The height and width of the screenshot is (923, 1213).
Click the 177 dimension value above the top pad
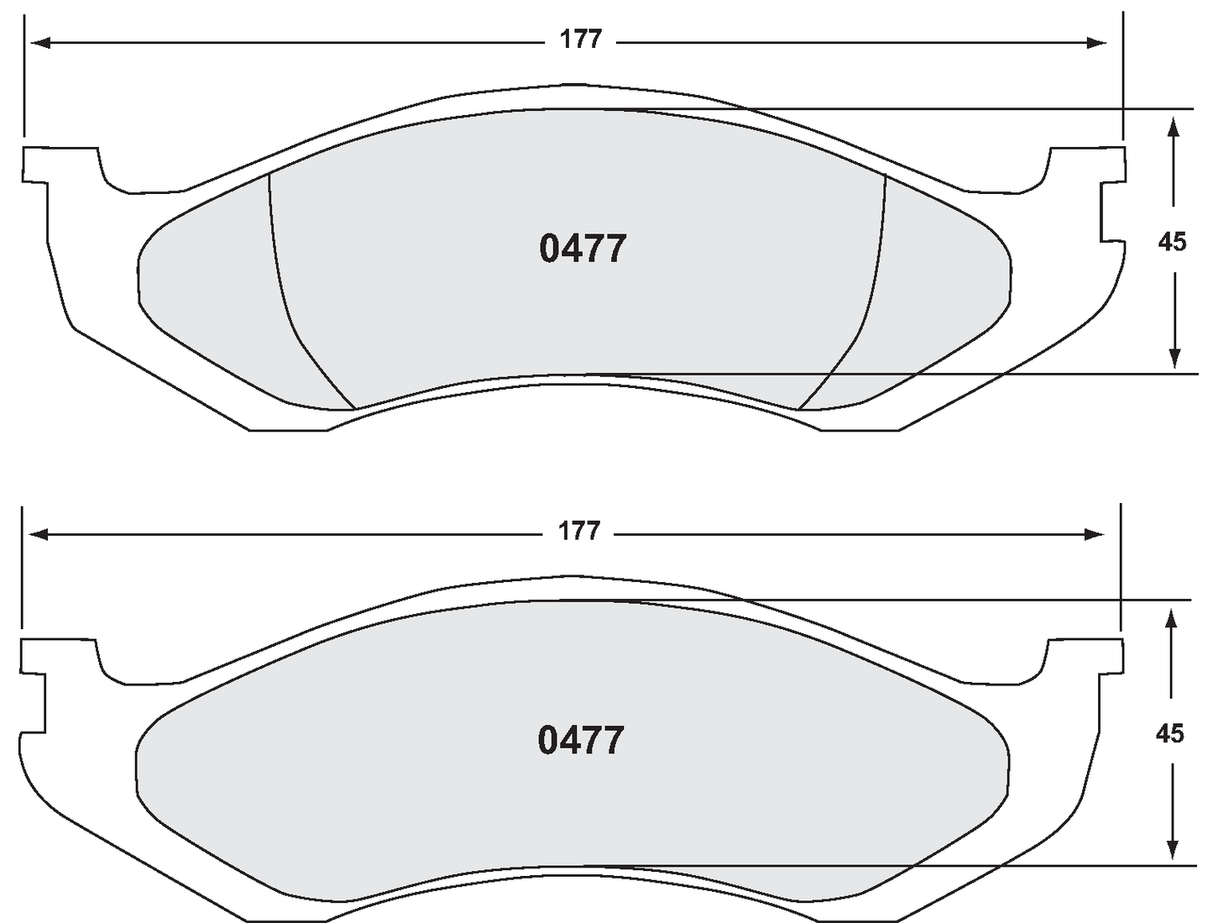pos(582,40)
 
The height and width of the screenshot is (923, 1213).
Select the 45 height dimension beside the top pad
pos(1173,242)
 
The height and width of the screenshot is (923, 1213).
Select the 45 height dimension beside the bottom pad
pos(1170,733)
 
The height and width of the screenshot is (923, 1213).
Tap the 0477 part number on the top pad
pos(583,249)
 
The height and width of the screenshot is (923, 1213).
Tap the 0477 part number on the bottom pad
pos(581,741)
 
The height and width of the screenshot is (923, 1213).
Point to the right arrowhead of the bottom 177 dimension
pos(1095,534)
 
